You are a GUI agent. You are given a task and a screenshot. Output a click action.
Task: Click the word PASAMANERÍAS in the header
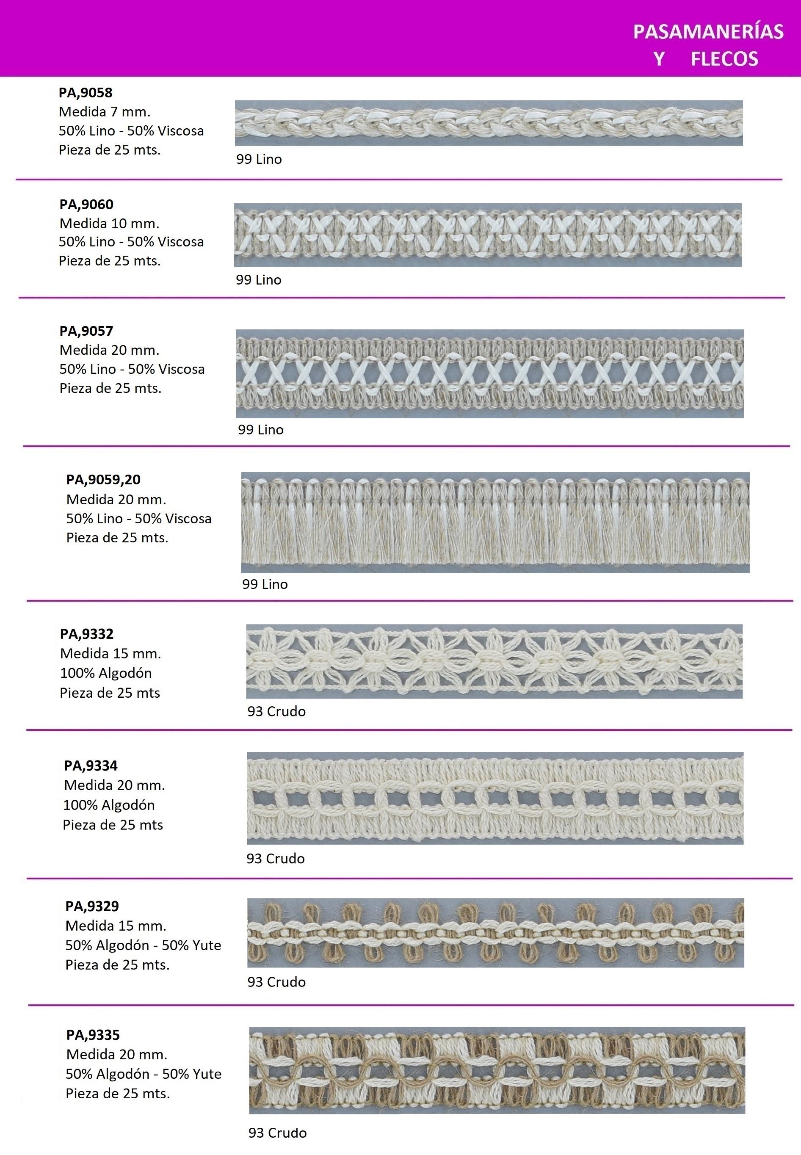pyautogui.click(x=708, y=32)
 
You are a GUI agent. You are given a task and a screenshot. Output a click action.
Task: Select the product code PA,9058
pyautogui.click(x=86, y=93)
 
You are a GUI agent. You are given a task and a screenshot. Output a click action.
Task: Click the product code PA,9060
pyautogui.click(x=86, y=204)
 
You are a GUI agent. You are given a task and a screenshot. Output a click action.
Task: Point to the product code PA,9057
pyautogui.click(x=86, y=331)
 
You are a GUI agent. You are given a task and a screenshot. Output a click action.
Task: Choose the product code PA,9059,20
pyautogui.click(x=103, y=480)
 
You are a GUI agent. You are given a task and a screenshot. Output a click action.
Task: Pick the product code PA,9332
pyautogui.click(x=87, y=634)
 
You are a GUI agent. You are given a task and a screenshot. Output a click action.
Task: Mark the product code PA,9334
pyautogui.click(x=91, y=765)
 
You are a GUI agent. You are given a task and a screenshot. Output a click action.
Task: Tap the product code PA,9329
pyautogui.click(x=92, y=906)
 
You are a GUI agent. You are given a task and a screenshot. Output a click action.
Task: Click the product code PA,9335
pyautogui.click(x=93, y=1035)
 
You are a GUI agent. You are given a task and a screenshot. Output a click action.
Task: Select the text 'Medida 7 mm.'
pyautogui.click(x=105, y=112)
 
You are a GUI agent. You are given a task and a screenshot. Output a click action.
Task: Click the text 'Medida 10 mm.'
pyautogui.click(x=109, y=224)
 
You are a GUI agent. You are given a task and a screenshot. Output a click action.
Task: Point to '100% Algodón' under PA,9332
pyautogui.click(x=106, y=673)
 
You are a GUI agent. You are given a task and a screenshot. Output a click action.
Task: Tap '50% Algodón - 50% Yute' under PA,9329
pyautogui.click(x=143, y=945)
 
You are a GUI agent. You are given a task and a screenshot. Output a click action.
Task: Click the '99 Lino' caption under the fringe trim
pyautogui.click(x=265, y=584)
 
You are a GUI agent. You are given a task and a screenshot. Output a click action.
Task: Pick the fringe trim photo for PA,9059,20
pyautogui.click(x=495, y=522)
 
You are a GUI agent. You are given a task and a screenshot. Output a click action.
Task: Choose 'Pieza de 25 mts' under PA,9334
pyautogui.click(x=113, y=825)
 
